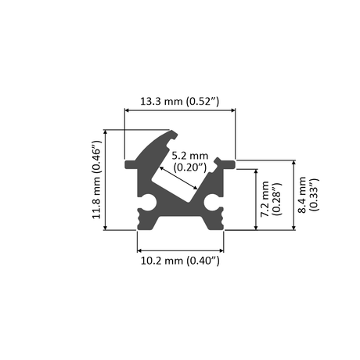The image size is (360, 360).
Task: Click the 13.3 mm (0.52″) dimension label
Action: tap(180, 101)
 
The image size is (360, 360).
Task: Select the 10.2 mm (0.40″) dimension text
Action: tap(180, 261)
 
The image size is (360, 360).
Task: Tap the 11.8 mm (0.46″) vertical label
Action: tap(96, 180)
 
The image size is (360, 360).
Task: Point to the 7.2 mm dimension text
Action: tap(271, 199)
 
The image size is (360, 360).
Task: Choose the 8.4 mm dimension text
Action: tap(308, 195)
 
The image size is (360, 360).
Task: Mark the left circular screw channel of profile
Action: tap(149, 202)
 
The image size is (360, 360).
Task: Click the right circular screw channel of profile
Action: tap(211, 202)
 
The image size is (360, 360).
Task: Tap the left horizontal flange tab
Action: tap(131, 164)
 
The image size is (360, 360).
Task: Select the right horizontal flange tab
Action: tap(229, 164)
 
